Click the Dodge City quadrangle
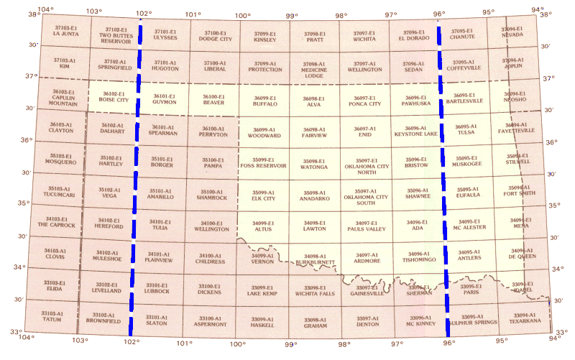(214, 39)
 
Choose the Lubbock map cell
(157, 291)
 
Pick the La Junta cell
(66, 33)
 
